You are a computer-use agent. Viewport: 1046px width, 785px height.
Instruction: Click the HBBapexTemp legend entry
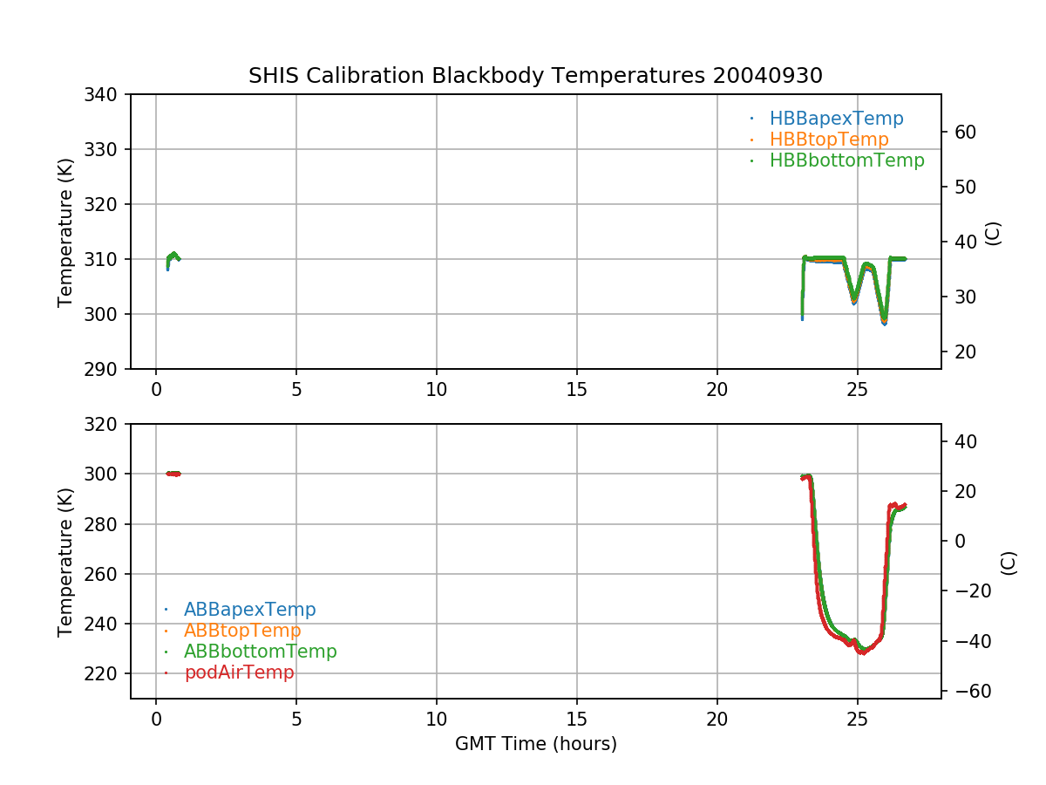836,119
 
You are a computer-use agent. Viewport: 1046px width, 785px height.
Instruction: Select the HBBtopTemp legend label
828,140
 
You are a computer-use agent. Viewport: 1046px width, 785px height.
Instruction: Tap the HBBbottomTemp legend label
846,160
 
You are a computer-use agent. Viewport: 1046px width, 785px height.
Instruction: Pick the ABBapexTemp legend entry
249,610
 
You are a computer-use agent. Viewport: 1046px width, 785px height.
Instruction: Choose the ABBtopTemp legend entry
242,631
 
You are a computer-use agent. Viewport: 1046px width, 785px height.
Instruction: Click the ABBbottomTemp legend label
260,652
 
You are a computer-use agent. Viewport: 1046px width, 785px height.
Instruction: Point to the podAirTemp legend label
239,672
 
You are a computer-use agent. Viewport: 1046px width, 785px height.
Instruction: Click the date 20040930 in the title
768,76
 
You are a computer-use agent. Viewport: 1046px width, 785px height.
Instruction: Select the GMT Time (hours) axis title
536,744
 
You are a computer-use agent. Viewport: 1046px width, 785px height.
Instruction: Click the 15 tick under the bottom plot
577,720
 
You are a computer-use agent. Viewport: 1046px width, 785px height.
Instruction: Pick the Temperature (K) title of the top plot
65,232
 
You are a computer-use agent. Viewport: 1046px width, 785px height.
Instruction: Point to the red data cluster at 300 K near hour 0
173,474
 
